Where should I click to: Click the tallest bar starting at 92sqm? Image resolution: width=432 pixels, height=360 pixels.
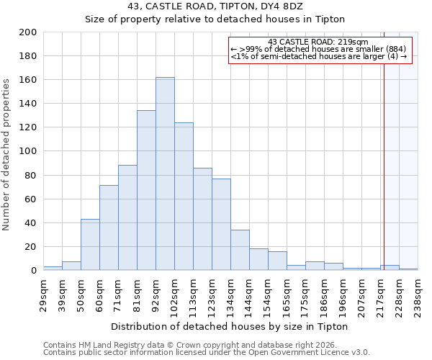[x=165, y=174]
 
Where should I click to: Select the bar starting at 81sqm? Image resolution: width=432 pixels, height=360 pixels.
[x=146, y=190]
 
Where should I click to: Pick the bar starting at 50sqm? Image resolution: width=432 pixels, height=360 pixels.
[x=90, y=244]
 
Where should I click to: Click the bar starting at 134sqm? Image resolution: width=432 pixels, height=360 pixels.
[x=240, y=250]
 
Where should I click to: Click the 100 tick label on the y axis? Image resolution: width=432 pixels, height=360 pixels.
[x=28, y=151]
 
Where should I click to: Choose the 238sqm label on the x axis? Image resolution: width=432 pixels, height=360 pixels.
[x=418, y=294]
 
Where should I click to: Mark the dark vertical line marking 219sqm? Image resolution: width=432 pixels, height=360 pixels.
[x=384, y=158]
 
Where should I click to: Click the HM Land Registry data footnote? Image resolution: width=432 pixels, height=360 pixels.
[x=180, y=344]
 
